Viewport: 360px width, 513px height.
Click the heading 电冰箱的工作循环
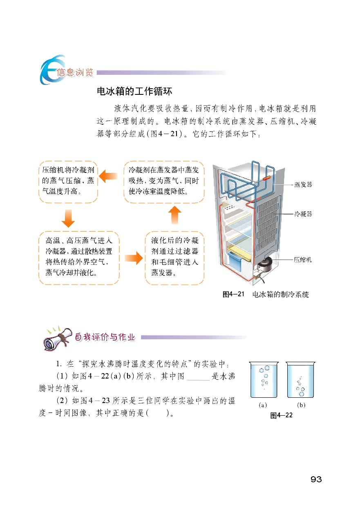pyautogui.click(x=134, y=91)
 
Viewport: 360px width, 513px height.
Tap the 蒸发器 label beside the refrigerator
pyautogui.click(x=303, y=184)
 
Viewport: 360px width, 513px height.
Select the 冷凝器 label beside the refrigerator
pyautogui.click(x=303, y=214)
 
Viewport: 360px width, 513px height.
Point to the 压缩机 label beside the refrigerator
pyautogui.click(x=303, y=260)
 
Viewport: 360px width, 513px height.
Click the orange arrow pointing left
pyautogui.click(x=108, y=176)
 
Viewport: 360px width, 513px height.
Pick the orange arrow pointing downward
pyautogui.click(x=68, y=218)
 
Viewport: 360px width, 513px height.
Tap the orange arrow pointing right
pyautogui.click(x=134, y=258)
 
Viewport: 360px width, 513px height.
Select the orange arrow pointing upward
pyautogui.click(x=175, y=215)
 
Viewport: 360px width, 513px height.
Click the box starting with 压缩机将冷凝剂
pyautogui.click(x=68, y=182)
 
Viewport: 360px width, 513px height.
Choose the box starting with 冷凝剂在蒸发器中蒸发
pyautogui.click(x=164, y=182)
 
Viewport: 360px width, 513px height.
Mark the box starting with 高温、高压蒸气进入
pyautogui.click(x=79, y=258)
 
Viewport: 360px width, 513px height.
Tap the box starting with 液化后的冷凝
pyautogui.click(x=174, y=258)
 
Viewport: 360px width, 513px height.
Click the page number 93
pyautogui.click(x=316, y=479)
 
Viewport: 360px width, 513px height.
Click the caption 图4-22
pyautogui.click(x=282, y=415)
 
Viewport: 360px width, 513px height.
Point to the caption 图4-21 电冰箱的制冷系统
pyautogui.click(x=266, y=294)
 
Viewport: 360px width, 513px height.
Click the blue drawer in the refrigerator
pyautogui.click(x=235, y=261)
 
